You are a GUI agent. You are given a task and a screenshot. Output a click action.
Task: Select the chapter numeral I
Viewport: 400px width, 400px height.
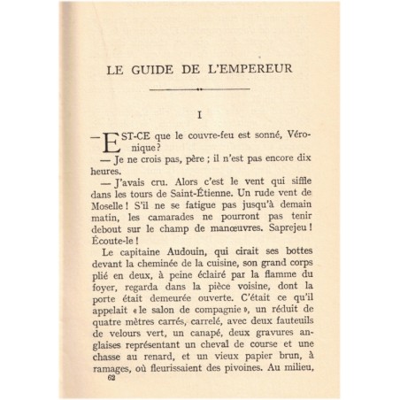coord(200,114)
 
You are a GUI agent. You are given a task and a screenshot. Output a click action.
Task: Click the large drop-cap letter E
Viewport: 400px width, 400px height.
coord(111,142)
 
